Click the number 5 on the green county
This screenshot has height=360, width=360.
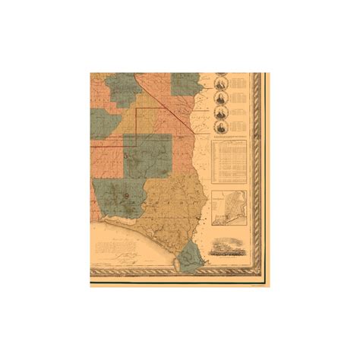click(126, 154)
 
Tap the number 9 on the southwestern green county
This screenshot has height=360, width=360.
click(125, 196)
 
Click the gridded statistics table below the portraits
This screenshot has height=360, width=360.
click(229, 160)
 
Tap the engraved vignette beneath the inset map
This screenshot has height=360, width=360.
click(231, 248)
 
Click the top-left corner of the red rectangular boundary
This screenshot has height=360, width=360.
click(137, 109)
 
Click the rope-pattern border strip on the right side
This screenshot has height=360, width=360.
click(263, 175)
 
